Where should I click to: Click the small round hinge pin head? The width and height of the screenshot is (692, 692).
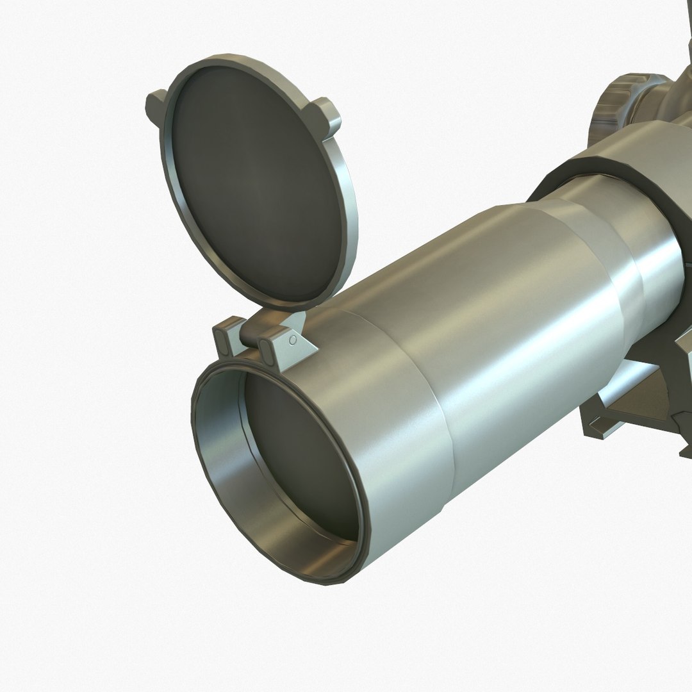point(293,340)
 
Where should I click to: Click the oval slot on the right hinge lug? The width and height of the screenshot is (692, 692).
point(265,347)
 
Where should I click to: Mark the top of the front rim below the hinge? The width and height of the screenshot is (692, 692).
point(256,365)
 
